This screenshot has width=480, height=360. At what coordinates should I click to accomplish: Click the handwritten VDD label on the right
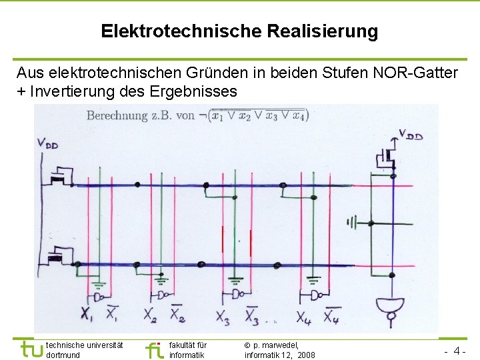410,135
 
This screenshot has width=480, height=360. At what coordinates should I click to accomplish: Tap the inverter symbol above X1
100,295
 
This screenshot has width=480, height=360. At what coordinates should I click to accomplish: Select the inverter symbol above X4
317,294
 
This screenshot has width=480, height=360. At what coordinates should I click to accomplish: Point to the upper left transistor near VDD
61,175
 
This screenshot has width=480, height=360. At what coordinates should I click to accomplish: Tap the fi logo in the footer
154,349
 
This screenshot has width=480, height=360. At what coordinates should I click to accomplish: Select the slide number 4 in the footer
458,351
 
